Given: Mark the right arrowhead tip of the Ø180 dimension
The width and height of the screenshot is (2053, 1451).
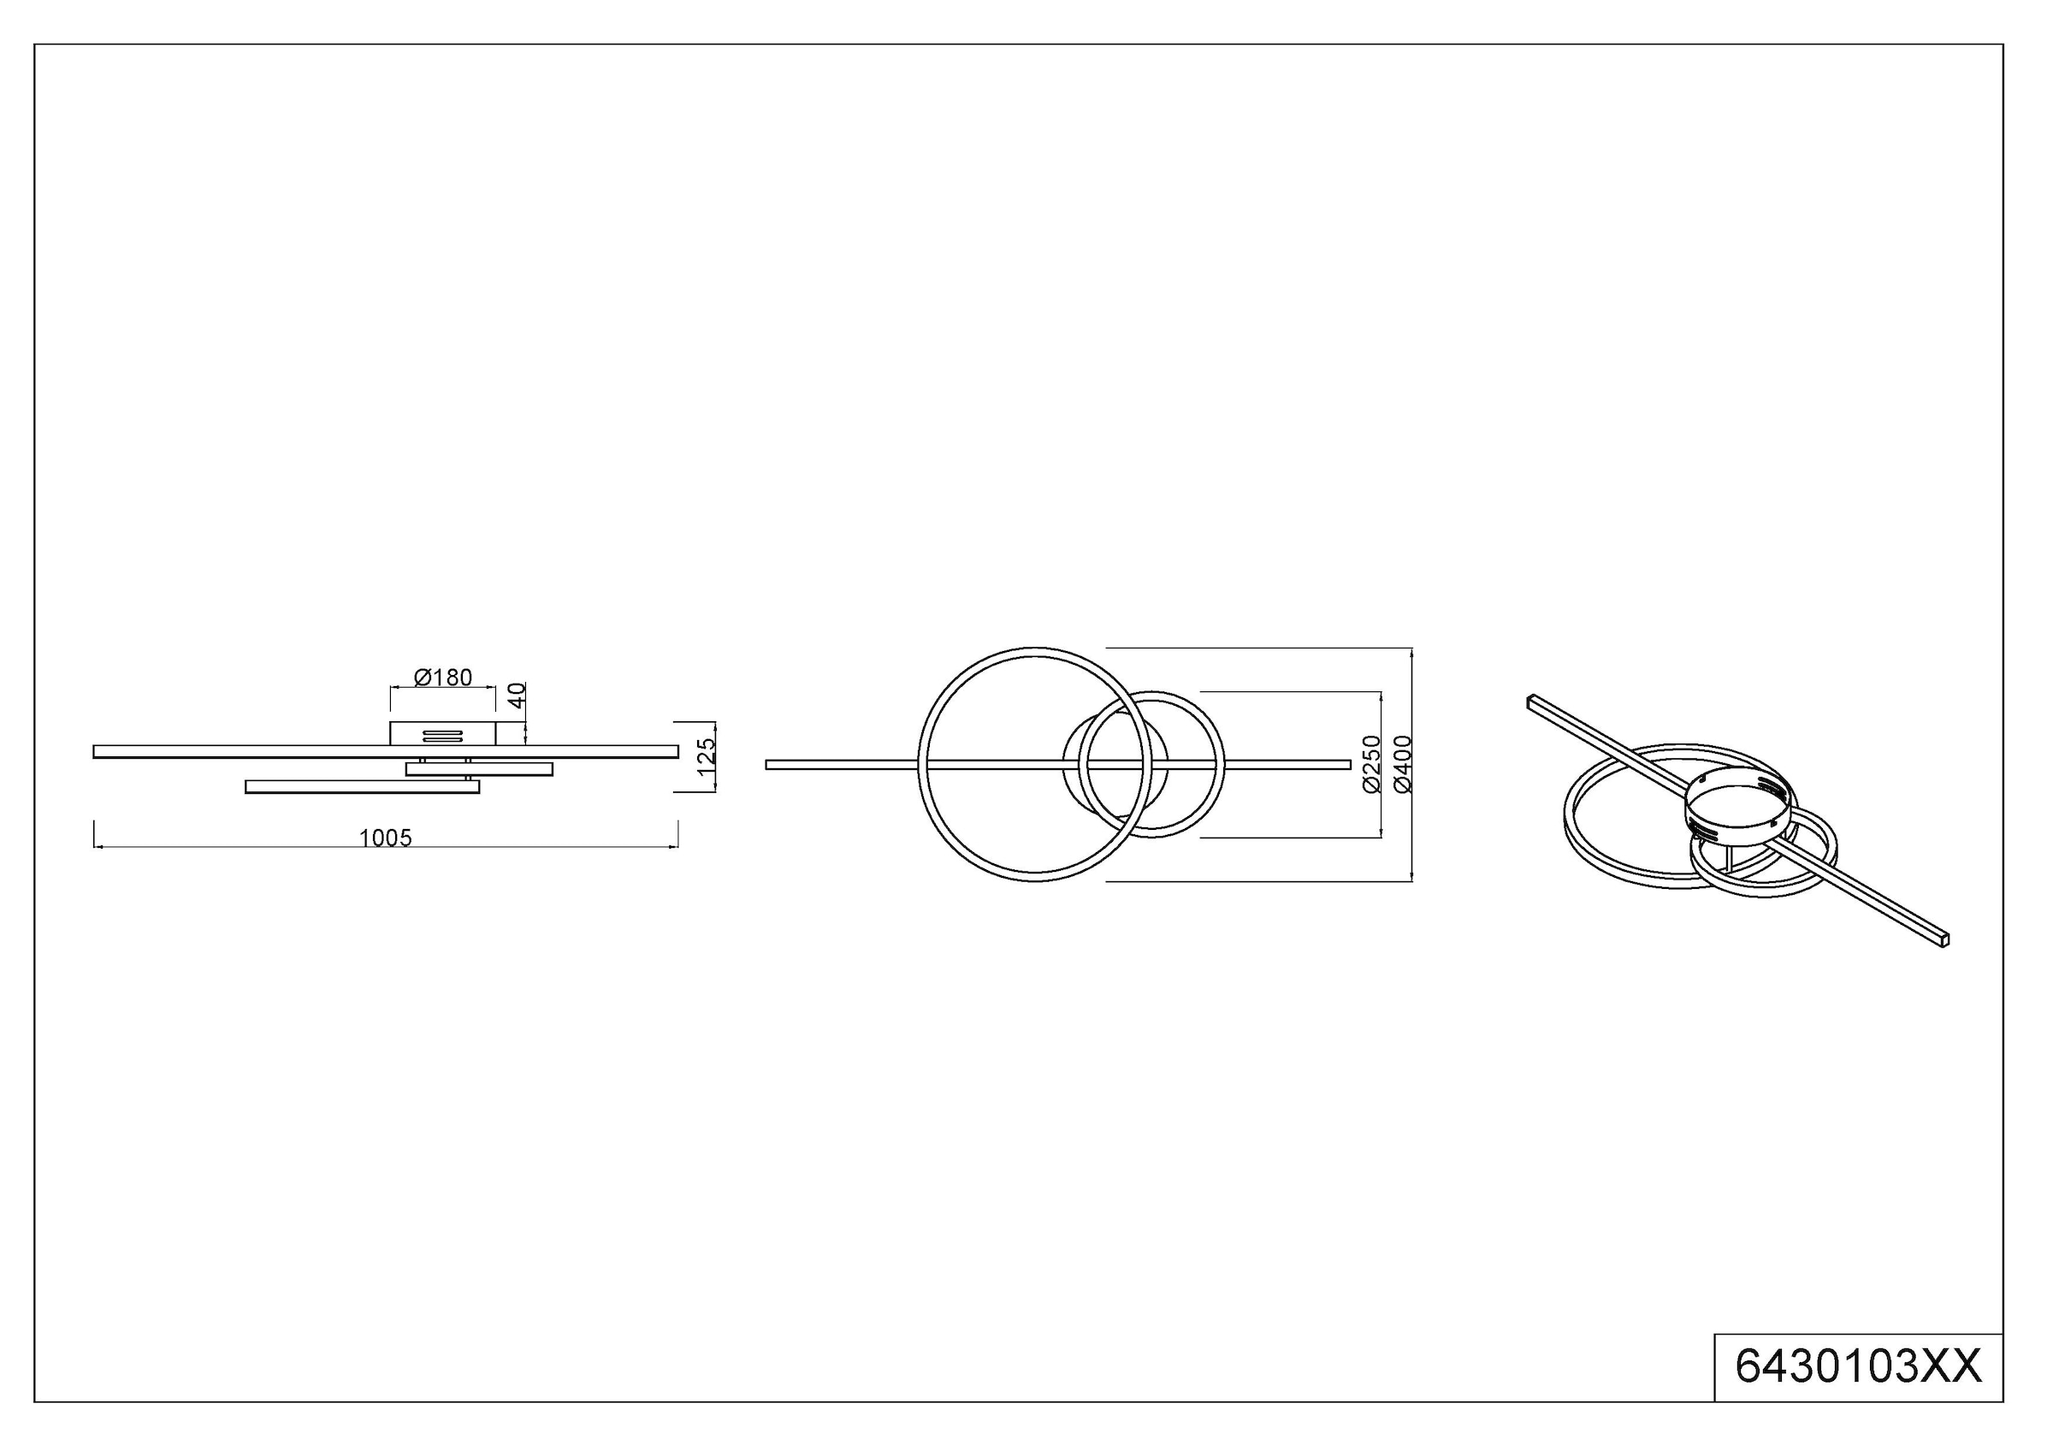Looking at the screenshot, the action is coord(495,688).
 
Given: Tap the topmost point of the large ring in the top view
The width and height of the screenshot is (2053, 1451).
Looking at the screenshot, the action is coord(1034,648).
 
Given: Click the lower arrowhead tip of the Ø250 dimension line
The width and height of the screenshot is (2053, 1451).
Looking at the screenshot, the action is coord(1381,838).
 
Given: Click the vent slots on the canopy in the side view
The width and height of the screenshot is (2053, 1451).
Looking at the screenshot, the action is coord(441,736).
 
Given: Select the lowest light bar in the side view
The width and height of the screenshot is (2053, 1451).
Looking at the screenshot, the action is coord(362,787).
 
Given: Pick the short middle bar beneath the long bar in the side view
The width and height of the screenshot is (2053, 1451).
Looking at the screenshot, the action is coord(479,769).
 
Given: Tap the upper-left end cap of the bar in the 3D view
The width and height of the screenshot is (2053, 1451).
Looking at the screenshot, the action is coord(1531,701).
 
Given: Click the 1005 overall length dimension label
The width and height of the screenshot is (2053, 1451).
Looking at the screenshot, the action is coord(386,838).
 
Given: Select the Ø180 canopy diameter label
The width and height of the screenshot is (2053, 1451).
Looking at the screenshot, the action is coord(443,678).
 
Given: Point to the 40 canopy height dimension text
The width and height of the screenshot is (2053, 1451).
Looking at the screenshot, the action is coord(517,695).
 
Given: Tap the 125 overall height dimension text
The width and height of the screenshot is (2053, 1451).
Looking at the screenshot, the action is coord(707,756).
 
